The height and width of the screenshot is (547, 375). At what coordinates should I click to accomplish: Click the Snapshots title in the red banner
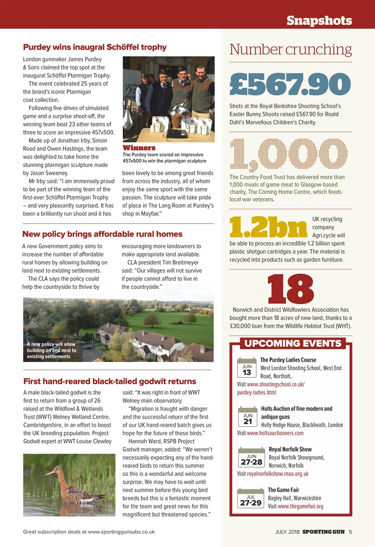tap(319, 20)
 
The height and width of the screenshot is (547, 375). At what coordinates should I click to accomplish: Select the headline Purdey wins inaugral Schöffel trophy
tap(95, 47)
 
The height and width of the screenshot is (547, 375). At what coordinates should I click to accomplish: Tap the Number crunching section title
tap(290, 50)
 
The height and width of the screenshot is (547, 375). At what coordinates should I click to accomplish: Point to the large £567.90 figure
tap(290, 85)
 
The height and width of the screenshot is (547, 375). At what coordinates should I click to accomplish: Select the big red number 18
tap(291, 288)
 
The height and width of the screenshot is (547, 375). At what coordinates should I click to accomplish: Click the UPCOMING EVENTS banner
tap(292, 344)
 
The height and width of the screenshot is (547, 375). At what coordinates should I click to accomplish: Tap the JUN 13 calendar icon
tap(247, 369)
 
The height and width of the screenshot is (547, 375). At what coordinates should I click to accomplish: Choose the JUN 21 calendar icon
tap(247, 418)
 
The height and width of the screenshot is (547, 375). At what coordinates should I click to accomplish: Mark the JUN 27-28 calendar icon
tap(251, 459)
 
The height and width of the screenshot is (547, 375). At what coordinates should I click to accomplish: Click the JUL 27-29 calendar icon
tap(250, 500)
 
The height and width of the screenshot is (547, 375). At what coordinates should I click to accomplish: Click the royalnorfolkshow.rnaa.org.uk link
tap(277, 473)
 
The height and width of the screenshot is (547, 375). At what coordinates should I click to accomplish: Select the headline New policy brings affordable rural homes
tap(102, 234)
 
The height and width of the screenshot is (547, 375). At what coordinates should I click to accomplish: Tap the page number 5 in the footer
tap(350, 532)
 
